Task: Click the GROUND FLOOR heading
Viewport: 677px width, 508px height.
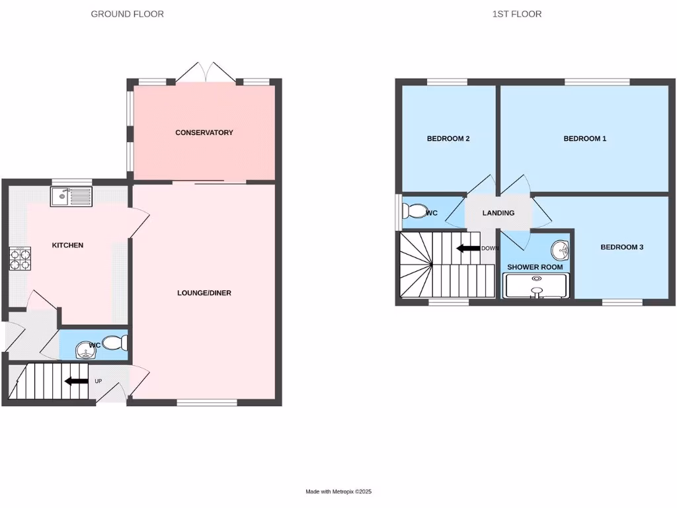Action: coord(127,14)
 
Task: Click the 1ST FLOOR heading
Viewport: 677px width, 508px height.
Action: coord(516,14)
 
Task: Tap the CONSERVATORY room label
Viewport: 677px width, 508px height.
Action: coord(204,133)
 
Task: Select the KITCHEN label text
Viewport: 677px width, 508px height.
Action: coord(68,245)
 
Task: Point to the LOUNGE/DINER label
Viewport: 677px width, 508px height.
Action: coord(204,293)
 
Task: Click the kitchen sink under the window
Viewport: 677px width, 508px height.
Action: coord(71,196)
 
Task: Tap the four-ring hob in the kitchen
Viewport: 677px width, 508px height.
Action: coord(20,258)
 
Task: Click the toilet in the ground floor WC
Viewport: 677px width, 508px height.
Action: coord(116,343)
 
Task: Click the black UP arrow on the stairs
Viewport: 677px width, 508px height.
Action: coord(76,381)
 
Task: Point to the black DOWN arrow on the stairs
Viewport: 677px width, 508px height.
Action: coord(468,249)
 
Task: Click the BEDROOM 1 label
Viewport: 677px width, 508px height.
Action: coord(584,139)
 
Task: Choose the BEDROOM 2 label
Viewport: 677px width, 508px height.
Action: coord(448,139)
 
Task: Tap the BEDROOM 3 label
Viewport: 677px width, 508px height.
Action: coord(621,247)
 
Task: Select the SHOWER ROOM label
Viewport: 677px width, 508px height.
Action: coord(535,267)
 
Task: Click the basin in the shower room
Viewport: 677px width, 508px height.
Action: coord(561,249)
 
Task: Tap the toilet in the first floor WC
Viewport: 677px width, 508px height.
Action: coord(416,211)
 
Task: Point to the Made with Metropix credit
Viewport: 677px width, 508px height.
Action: coord(338,491)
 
